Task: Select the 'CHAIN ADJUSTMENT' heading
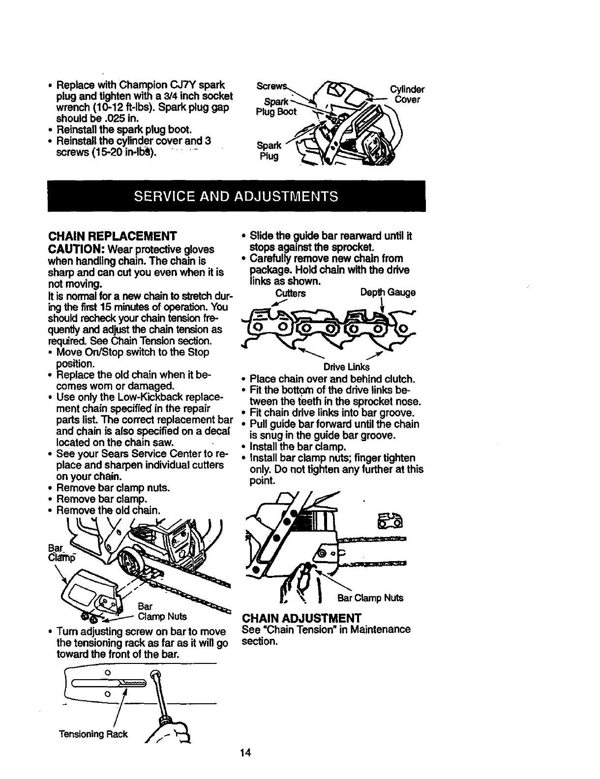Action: tap(301, 618)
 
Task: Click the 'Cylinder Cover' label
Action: tap(407, 95)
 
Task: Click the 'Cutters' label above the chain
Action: tap(290, 294)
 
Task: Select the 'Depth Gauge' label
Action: tap(388, 293)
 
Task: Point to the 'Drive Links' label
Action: tap(346, 367)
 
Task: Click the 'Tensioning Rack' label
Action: tap(93, 734)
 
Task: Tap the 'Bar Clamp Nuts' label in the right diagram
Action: tap(370, 598)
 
